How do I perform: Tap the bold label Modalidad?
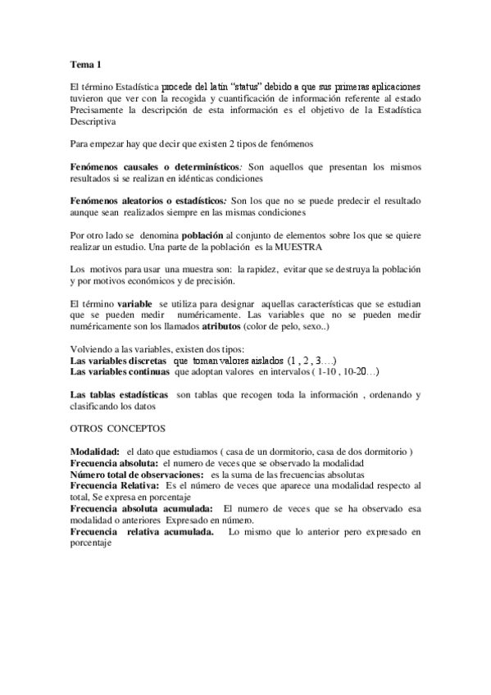click(x=95, y=452)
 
